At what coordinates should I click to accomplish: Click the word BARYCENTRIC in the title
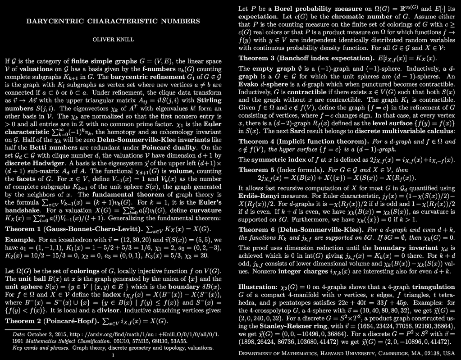pyautogui.click(x=50, y=21)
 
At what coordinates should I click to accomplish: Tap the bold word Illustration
pyautogui.click(x=260, y=287)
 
